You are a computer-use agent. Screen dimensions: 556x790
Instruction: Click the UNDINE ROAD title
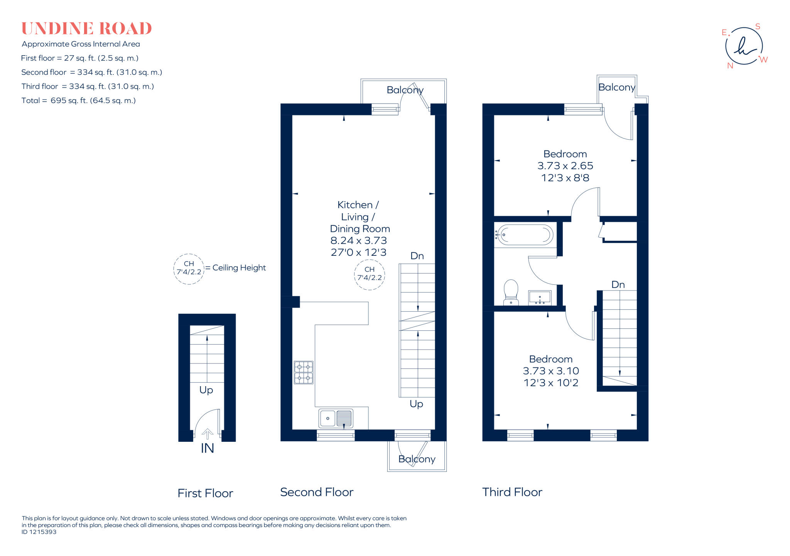[86, 29]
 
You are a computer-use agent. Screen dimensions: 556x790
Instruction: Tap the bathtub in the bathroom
[525, 235]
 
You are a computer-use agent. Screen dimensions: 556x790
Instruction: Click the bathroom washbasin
[540, 298]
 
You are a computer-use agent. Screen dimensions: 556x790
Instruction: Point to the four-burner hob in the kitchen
[304, 372]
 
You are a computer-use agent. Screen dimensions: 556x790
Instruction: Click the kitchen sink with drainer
[336, 418]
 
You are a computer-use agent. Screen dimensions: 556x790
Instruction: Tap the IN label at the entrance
[207, 448]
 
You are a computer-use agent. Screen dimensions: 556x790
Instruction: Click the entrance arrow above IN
[208, 434]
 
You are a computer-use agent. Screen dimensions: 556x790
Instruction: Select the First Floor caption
[205, 493]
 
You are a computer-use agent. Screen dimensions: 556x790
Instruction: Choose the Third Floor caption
[512, 492]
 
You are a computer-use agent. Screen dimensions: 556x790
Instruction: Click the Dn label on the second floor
[417, 256]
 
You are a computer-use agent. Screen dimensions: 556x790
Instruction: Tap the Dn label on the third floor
[618, 285]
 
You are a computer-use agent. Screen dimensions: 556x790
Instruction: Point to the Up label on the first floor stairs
[206, 390]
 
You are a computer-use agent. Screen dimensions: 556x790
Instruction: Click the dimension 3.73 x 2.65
[565, 166]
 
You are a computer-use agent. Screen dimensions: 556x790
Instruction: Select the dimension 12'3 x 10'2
[551, 383]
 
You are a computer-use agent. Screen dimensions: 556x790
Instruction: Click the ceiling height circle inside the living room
[370, 274]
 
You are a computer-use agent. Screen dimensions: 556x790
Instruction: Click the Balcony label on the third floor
[616, 88]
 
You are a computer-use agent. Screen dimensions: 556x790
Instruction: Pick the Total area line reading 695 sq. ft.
[79, 101]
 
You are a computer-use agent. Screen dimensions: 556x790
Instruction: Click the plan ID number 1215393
[39, 532]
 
